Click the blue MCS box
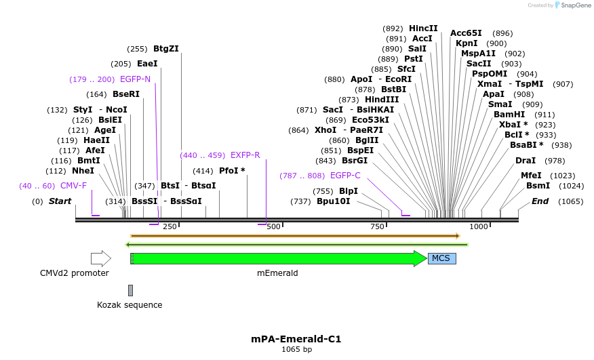441,258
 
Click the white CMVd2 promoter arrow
100,258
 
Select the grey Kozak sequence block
130,290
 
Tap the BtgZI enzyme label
166,49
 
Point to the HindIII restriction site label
382,99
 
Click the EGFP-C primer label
345,176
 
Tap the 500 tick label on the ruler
274,226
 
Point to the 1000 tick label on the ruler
479,226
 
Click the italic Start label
60,201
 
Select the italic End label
540,201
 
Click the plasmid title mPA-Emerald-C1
296,339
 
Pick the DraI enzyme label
526,161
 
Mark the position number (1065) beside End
570,201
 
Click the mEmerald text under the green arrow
277,273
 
